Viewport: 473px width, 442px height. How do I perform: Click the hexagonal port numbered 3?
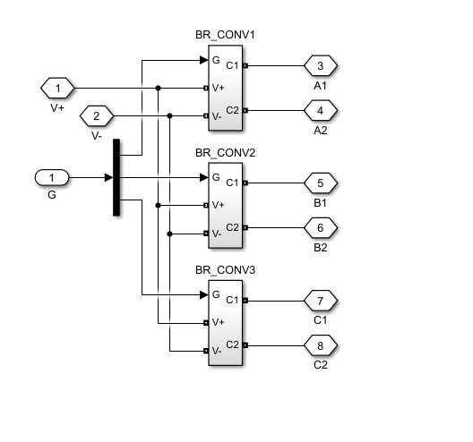(321, 65)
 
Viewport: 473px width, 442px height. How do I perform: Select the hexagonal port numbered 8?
(321, 345)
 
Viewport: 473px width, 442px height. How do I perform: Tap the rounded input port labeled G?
(52, 177)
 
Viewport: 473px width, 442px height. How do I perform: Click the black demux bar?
(116, 177)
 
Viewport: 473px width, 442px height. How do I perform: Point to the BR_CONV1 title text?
(225, 35)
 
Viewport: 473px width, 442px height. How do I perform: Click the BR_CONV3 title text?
(226, 270)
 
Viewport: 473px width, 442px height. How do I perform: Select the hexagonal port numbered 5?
(321, 183)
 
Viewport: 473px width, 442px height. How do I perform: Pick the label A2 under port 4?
(321, 131)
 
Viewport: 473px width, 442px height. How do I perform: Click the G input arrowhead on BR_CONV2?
(204, 177)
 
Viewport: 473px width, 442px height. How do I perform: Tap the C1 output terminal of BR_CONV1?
(245, 65)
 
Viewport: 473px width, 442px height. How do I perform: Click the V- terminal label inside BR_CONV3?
(217, 351)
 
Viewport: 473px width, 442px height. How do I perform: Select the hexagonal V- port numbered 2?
(97, 116)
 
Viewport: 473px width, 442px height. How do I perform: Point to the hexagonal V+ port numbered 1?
(57, 89)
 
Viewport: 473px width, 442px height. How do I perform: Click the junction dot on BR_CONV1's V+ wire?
(158, 88)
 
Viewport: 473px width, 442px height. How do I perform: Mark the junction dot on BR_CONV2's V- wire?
(169, 234)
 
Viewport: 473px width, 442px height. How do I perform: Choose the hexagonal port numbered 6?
(321, 228)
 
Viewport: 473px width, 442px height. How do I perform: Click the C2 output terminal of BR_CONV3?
(245, 345)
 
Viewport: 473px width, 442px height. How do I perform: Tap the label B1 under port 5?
(320, 203)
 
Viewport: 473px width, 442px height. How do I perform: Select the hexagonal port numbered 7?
(321, 301)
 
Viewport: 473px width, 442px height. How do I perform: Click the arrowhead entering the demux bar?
(109, 177)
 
